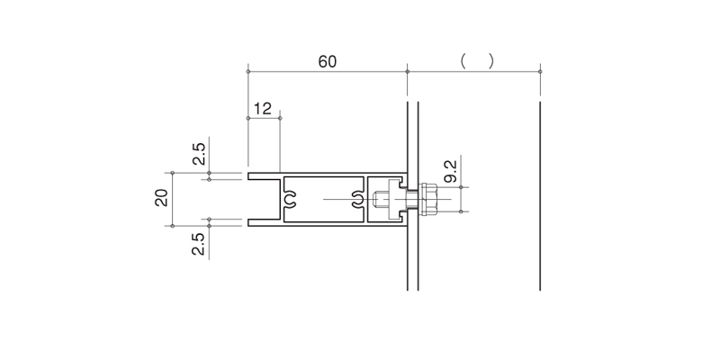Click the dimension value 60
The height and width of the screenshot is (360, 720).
click(x=328, y=61)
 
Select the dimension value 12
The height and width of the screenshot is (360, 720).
click(x=263, y=109)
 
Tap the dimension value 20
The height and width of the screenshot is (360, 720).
click(x=162, y=198)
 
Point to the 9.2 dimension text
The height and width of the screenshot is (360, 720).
click(x=451, y=171)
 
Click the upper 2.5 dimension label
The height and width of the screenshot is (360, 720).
click(x=199, y=154)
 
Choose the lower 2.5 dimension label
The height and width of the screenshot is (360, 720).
click(x=198, y=244)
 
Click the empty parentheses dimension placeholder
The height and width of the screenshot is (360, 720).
click(x=478, y=61)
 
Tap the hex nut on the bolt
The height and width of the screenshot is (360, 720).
click(x=428, y=199)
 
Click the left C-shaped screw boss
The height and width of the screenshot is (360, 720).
click(x=289, y=199)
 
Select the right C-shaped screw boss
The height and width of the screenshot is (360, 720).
click(x=358, y=199)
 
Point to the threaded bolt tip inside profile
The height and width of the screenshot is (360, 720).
click(x=380, y=199)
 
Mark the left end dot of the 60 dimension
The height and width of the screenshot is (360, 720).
click(x=248, y=72)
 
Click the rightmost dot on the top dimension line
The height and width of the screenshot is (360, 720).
click(x=540, y=72)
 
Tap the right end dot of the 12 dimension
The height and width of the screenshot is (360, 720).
click(x=280, y=119)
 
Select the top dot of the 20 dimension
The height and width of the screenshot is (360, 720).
click(x=173, y=173)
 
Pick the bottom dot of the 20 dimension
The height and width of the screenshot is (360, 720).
click(x=173, y=226)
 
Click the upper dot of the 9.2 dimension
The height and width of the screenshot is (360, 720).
click(x=461, y=187)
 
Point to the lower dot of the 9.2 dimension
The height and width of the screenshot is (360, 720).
click(x=461, y=211)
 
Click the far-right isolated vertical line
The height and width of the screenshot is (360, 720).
click(x=540, y=196)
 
